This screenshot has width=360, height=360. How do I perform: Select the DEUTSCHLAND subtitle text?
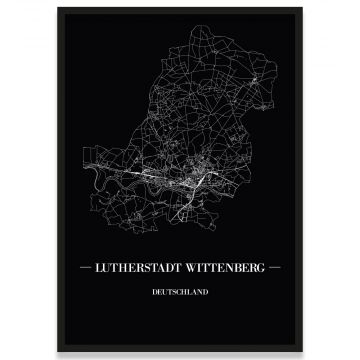pyautogui.click(x=180, y=293)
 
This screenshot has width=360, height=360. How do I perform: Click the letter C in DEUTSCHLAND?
pyautogui.click(x=178, y=293)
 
